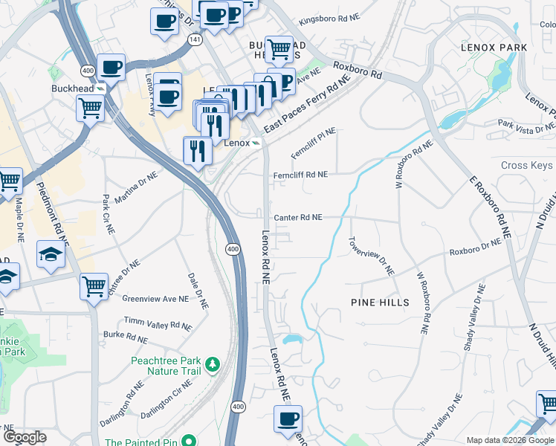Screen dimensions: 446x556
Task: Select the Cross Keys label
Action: pyautogui.click(x=526, y=166)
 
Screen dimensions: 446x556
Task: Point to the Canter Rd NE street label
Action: pyautogui.click(x=298, y=218)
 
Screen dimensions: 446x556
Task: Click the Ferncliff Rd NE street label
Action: pyautogui.click(x=300, y=175)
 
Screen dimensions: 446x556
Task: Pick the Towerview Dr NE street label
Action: pyautogui.click(x=371, y=256)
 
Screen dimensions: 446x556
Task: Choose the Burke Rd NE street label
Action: pyautogui.click(x=125, y=337)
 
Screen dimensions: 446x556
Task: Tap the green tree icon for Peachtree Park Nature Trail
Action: pyautogui.click(x=213, y=363)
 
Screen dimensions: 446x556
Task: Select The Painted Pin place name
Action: pyautogui.click(x=141, y=442)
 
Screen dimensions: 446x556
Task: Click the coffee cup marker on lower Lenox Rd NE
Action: pyautogui.click(x=288, y=418)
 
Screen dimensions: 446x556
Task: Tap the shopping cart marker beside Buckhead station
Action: pyautogui.click(x=90, y=109)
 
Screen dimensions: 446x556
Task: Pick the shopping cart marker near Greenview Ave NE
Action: pyautogui.click(x=94, y=286)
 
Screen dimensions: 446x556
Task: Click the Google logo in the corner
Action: pyautogui.click(x=25, y=437)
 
